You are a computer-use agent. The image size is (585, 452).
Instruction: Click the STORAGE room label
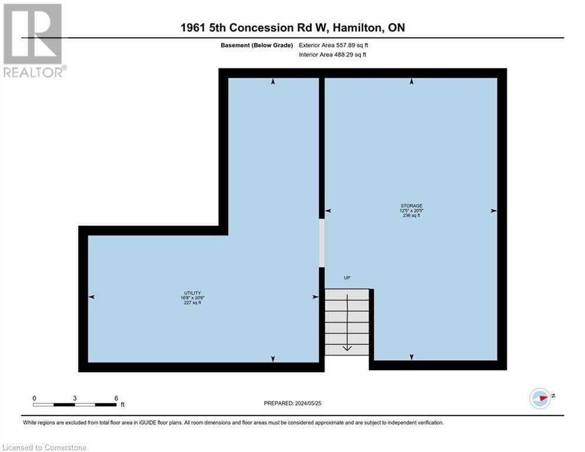click(411, 206)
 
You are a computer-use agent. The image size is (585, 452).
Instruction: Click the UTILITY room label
click(192, 293)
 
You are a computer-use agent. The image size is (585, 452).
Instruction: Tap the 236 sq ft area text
click(411, 216)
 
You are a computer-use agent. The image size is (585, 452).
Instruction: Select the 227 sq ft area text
click(192, 303)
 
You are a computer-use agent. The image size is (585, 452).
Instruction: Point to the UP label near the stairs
click(347, 278)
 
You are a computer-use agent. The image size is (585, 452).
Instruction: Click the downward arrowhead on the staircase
click(347, 348)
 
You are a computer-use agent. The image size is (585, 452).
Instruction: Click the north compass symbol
click(540, 398)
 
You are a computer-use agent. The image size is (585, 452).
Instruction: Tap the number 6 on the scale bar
click(116, 398)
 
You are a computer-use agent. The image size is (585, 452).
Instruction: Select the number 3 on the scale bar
click(75, 398)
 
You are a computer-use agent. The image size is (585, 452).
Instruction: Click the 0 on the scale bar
click(35, 398)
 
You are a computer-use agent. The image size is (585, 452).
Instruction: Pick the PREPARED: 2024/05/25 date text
click(293, 403)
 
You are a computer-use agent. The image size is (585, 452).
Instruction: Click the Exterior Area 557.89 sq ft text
click(333, 45)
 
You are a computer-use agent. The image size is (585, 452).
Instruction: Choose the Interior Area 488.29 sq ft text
click(333, 55)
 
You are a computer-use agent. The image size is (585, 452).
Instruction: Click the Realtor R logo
click(32, 34)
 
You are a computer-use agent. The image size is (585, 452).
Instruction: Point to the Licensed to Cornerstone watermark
click(44, 448)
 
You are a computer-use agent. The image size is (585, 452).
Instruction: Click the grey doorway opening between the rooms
click(322, 243)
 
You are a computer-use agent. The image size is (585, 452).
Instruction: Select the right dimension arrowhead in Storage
click(493, 210)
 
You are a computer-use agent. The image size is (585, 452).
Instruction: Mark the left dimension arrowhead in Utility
click(91, 297)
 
